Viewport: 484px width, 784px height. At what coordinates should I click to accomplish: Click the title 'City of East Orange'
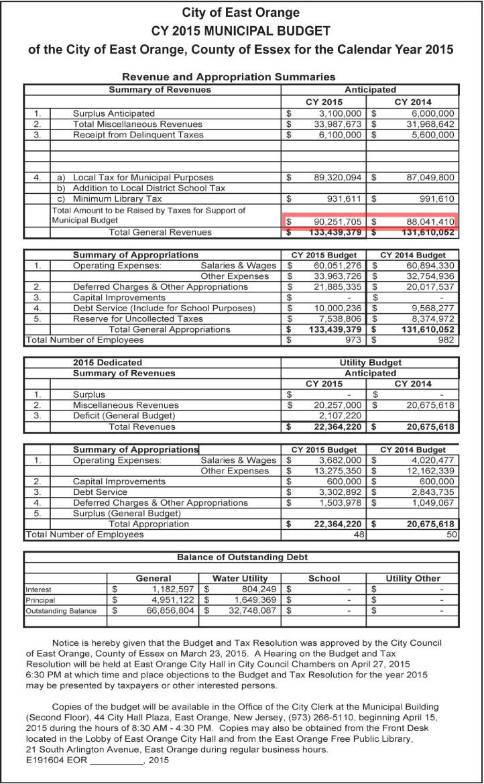[241, 13]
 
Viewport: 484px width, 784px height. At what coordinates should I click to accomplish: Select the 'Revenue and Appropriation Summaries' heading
[229, 77]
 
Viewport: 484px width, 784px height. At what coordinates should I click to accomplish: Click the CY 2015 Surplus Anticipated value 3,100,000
[338, 113]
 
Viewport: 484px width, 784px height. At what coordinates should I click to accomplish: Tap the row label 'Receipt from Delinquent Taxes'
[138, 135]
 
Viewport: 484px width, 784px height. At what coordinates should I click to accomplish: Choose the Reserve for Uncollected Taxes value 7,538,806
[338, 319]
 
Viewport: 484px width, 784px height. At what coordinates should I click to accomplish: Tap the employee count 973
[353, 340]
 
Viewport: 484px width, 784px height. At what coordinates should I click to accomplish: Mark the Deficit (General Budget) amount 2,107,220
[338, 416]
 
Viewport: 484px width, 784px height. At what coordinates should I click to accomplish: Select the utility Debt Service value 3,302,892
[338, 492]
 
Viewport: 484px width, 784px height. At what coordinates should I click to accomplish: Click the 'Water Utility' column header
[240, 578]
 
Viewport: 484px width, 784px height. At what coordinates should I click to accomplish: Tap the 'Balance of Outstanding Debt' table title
[242, 557]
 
